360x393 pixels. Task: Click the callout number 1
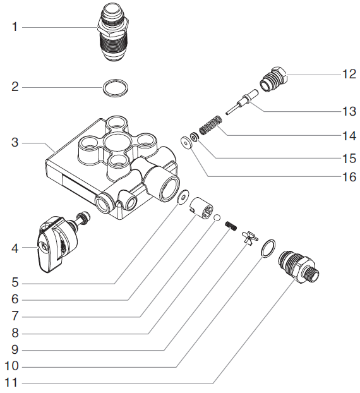pos(16,27)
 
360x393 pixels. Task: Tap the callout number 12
pos(349,74)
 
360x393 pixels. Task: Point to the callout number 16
pos(349,178)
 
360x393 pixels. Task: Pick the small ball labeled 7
pos(216,219)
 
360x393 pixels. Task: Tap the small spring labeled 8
pos(231,224)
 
